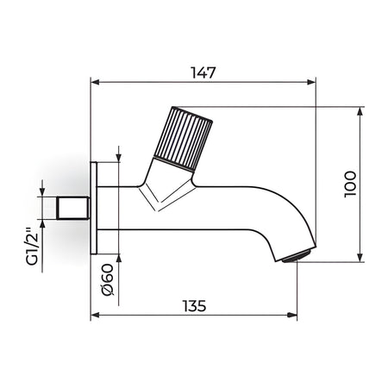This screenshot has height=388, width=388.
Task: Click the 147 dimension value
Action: (x=203, y=72)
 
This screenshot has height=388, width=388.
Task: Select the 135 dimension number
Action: (x=195, y=306)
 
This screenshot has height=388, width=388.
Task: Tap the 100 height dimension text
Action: (x=350, y=185)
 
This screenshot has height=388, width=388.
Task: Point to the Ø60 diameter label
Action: (x=108, y=279)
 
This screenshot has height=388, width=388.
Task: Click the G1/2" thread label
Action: (x=32, y=247)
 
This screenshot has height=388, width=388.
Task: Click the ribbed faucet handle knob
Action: (x=183, y=139)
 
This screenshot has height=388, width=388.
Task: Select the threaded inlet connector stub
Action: (x=73, y=208)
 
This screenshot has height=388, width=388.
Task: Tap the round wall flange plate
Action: (x=94, y=208)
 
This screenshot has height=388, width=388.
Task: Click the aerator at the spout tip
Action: (x=297, y=256)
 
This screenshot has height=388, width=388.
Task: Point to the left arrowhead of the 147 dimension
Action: (x=95, y=82)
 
